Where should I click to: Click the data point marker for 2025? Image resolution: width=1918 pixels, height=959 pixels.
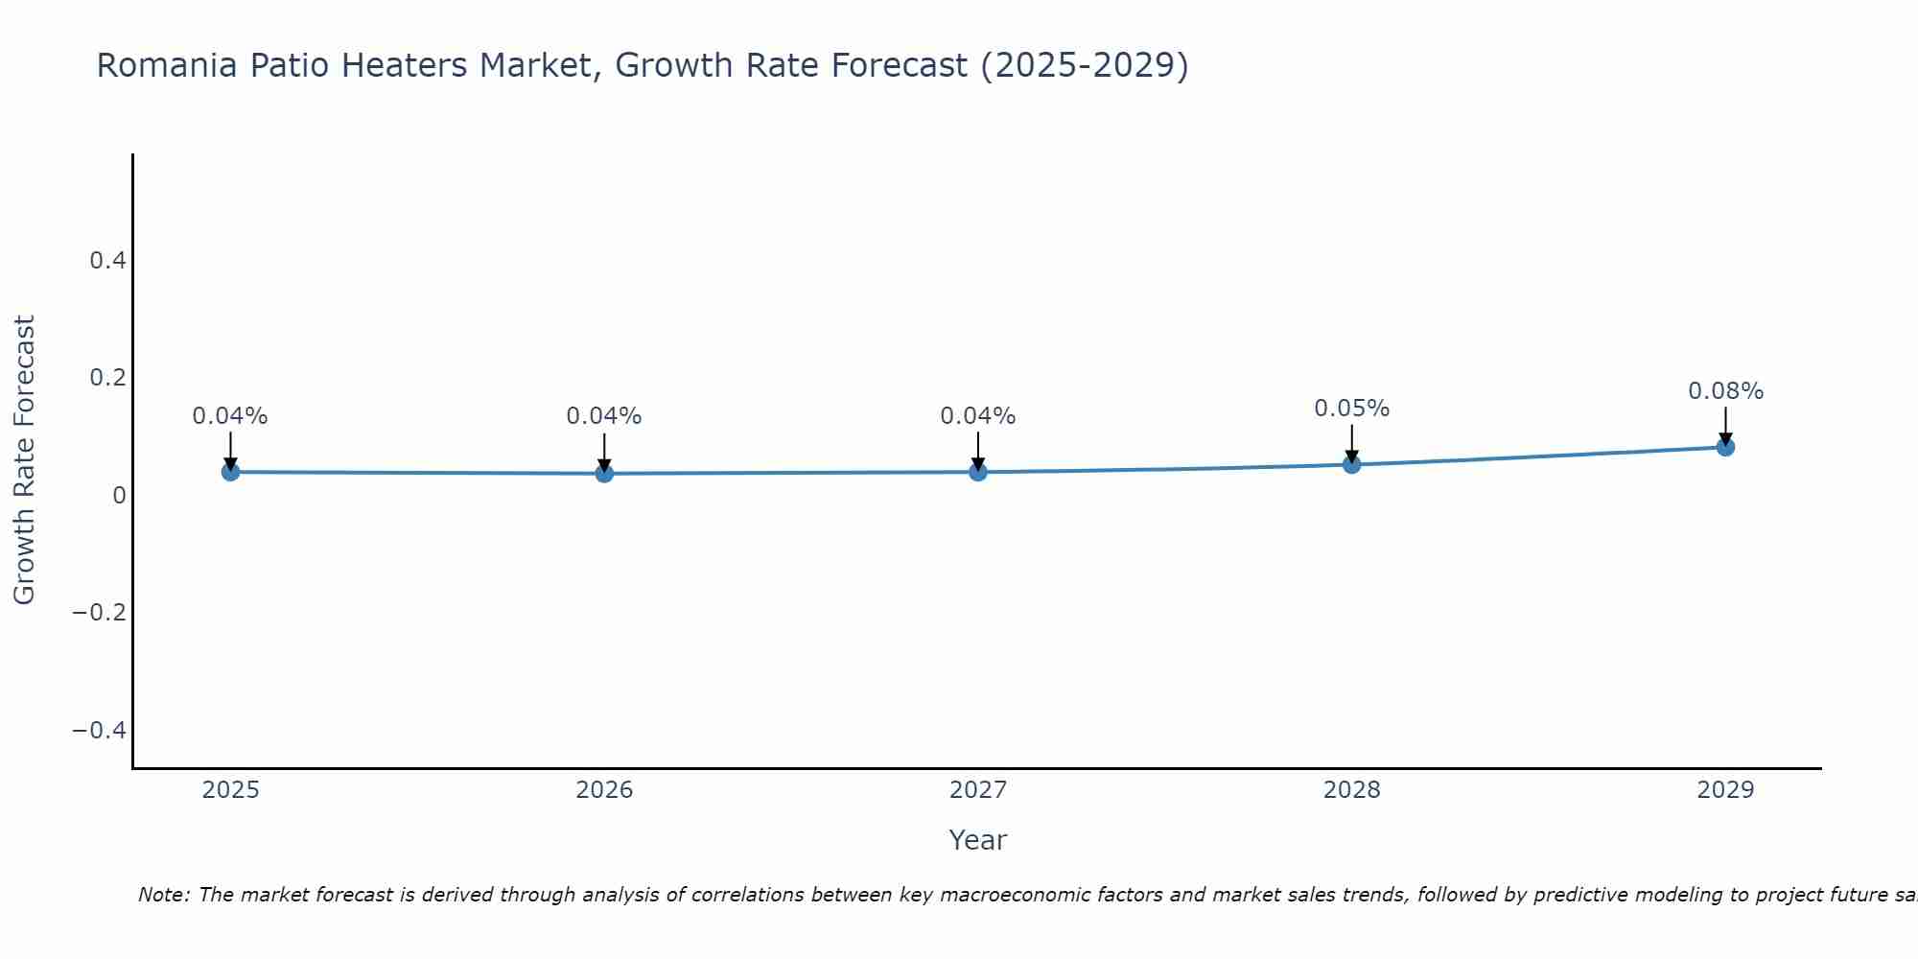pos(230,472)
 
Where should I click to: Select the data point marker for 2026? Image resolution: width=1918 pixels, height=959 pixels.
pos(604,473)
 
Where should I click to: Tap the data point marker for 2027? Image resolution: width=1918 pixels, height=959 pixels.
pos(978,472)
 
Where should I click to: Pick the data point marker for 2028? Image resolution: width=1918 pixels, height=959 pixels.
pos(1352,465)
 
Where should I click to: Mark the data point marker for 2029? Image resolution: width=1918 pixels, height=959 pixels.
pos(1725,447)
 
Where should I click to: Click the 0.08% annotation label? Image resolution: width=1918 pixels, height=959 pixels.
pos(1725,391)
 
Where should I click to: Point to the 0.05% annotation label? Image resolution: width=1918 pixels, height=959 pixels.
pos(1351,409)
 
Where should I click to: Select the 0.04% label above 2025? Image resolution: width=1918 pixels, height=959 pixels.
pos(230,416)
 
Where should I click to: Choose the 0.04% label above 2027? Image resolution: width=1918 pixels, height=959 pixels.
pos(977,416)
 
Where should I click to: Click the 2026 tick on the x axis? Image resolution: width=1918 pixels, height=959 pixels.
pos(604,790)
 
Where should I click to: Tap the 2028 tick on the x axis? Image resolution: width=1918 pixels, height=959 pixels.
pos(1352,790)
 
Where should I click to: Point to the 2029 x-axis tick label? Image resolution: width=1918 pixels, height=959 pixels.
pos(1725,790)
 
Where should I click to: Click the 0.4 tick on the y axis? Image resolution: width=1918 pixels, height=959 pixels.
pos(107,260)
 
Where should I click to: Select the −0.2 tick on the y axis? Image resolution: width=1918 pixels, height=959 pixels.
pos(100,612)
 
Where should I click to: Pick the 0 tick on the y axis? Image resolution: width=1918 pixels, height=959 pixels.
pos(119,495)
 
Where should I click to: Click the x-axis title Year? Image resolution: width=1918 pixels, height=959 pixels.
pos(977,840)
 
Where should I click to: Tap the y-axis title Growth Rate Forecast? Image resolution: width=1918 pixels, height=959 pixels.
pos(24,460)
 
